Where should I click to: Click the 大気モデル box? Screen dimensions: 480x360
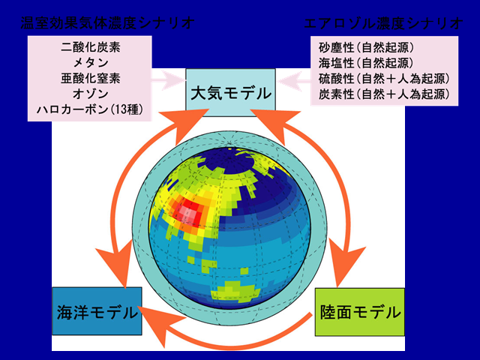coord(230,92)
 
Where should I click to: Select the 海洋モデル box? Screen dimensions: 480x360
coord(97,311)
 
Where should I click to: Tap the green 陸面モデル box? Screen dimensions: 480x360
coord(360,312)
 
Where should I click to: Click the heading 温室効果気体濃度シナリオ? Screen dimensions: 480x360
coord(107,23)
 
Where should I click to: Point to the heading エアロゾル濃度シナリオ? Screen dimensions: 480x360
coord(383,23)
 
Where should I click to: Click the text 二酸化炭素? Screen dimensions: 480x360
coord(91,47)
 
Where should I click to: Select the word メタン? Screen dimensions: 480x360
coord(91,63)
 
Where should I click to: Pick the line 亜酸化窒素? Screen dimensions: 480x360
coord(91,78)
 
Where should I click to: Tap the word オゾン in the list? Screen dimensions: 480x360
coord(91,94)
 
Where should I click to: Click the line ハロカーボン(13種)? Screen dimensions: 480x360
coord(90,109)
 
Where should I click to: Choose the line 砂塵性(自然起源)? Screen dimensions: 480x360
coord(366,47)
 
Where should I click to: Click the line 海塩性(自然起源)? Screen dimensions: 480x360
coord(366,63)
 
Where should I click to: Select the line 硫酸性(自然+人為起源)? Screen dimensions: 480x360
coord(384,79)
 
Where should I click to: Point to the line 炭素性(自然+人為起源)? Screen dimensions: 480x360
coord(384,94)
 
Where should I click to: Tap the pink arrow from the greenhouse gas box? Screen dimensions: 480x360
coord(169,80)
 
